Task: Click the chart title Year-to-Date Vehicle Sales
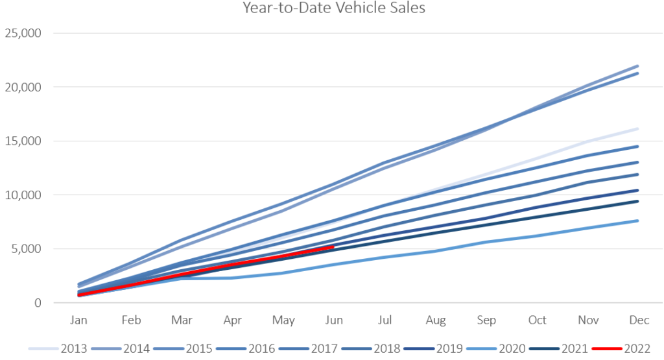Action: pyautogui.click(x=334, y=8)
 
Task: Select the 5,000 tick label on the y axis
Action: pyautogui.click(x=27, y=249)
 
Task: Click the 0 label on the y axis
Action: pyautogui.click(x=38, y=303)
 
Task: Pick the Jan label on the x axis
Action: pyautogui.click(x=78, y=320)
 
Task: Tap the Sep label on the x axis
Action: pyautogui.click(x=486, y=320)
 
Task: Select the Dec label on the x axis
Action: pyautogui.click(x=639, y=320)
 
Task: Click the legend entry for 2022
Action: pyautogui.click(x=625, y=348)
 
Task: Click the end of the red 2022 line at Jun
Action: pyautogui.click(x=333, y=247)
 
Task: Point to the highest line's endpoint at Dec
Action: pyautogui.click(x=638, y=66)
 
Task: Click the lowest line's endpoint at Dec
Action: pyautogui.click(x=638, y=221)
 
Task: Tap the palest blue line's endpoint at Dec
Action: pyautogui.click(x=638, y=128)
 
